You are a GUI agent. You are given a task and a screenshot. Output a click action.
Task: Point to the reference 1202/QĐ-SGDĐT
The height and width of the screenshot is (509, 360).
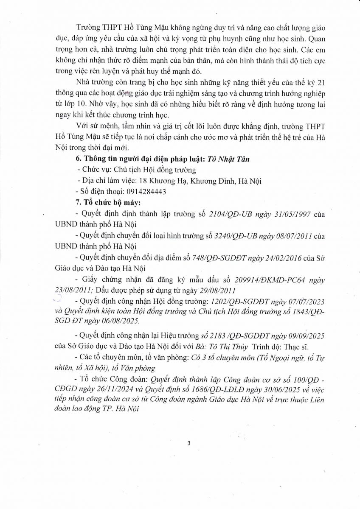tap(241, 302)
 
